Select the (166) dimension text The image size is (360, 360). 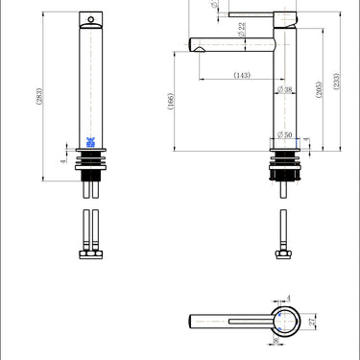(172, 102)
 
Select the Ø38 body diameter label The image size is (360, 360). (287, 90)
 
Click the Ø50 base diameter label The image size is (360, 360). (284, 133)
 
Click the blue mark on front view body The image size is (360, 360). (88, 140)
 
